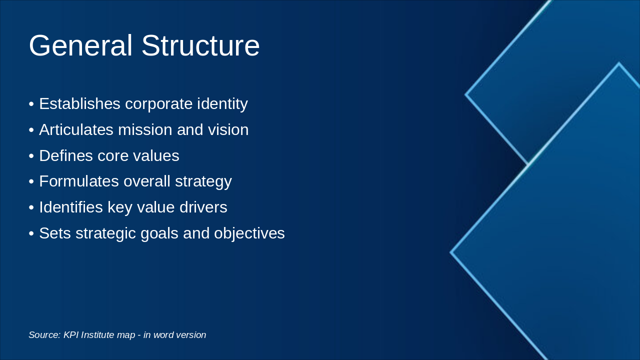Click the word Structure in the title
point(200,46)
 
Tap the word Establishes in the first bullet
point(79,104)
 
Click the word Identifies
point(71,207)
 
